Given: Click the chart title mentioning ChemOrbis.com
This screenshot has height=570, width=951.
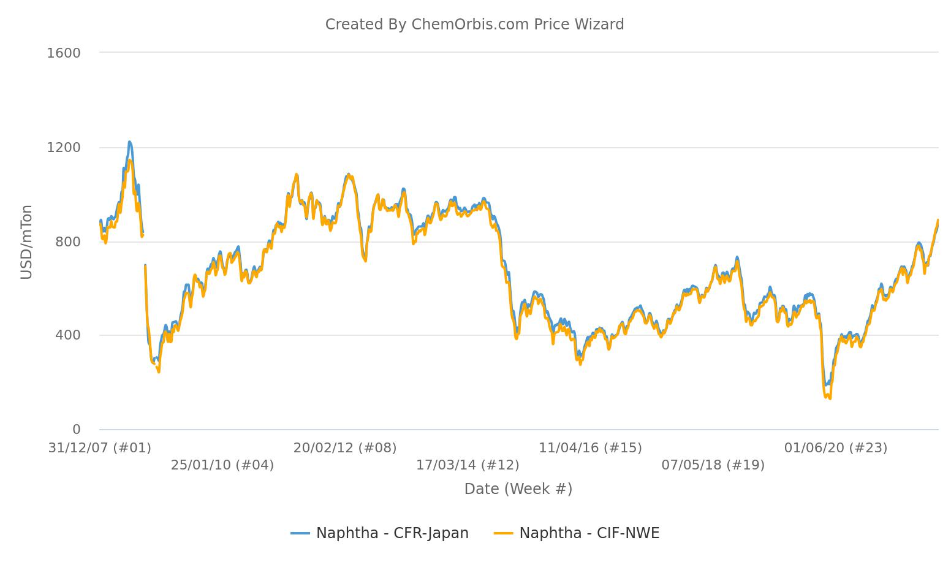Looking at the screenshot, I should click(x=474, y=25).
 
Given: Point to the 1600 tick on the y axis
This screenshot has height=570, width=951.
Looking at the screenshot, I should click(x=64, y=53).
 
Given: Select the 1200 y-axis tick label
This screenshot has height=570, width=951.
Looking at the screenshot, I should click(x=64, y=148).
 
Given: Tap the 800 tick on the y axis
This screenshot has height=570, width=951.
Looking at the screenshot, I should click(x=68, y=241).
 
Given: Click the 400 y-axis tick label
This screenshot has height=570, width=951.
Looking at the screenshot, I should click(x=68, y=335).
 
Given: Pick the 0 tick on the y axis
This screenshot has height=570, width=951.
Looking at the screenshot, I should click(x=76, y=429).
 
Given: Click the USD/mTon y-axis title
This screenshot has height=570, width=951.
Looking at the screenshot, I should click(x=26, y=242).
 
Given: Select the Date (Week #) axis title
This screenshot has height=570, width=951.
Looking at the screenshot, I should click(x=518, y=489).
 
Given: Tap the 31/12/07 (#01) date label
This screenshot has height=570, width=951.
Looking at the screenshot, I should click(x=99, y=448).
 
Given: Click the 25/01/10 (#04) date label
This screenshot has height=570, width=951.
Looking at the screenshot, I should click(x=222, y=465).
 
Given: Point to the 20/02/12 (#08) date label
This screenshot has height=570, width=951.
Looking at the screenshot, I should click(x=344, y=448).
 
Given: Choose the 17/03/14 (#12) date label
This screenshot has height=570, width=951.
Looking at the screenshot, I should click(x=468, y=465).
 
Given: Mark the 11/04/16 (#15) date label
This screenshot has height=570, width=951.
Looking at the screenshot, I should click(x=590, y=448).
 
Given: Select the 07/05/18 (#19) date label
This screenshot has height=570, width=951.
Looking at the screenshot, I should click(x=713, y=465).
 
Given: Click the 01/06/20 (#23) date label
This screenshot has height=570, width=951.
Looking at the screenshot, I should click(x=835, y=448).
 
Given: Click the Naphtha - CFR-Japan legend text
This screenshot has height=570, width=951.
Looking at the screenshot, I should click(x=392, y=533).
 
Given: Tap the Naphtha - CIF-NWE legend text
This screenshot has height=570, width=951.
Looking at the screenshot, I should click(x=589, y=533).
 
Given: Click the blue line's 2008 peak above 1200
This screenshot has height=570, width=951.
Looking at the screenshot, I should click(x=129, y=142).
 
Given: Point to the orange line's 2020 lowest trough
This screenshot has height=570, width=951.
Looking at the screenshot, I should click(x=829, y=398).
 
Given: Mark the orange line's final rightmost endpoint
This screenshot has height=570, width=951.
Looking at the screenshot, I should click(x=938, y=220).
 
